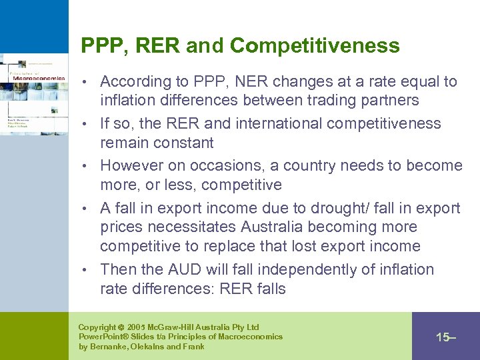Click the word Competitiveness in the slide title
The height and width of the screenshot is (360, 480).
(315, 46)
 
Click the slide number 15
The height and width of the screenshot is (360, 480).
(443, 337)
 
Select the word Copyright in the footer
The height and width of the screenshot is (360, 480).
(97, 327)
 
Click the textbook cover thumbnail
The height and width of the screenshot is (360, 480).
(33, 93)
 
